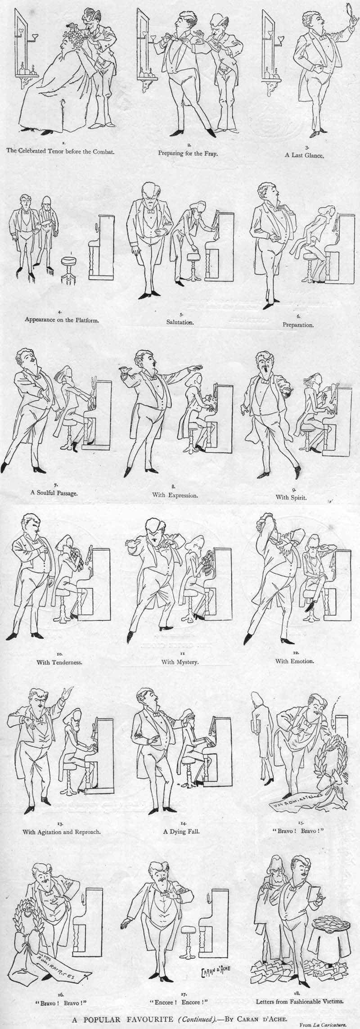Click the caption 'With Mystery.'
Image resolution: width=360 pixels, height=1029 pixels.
180,662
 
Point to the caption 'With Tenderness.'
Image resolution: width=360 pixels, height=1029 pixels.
60,662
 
